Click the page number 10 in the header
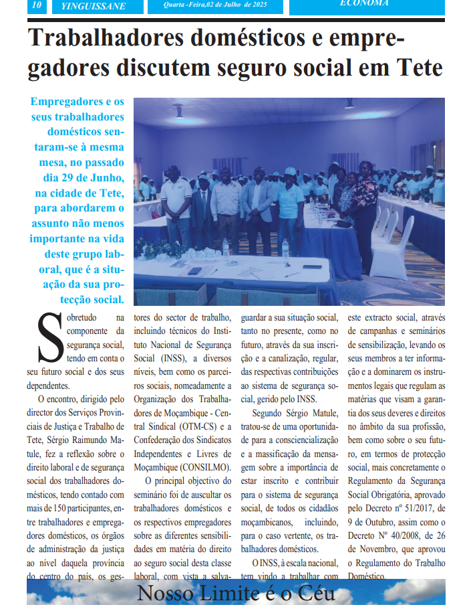point(37,5)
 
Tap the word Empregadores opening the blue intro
point(67,102)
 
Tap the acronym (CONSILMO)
point(203,466)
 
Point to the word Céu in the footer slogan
point(315,594)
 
